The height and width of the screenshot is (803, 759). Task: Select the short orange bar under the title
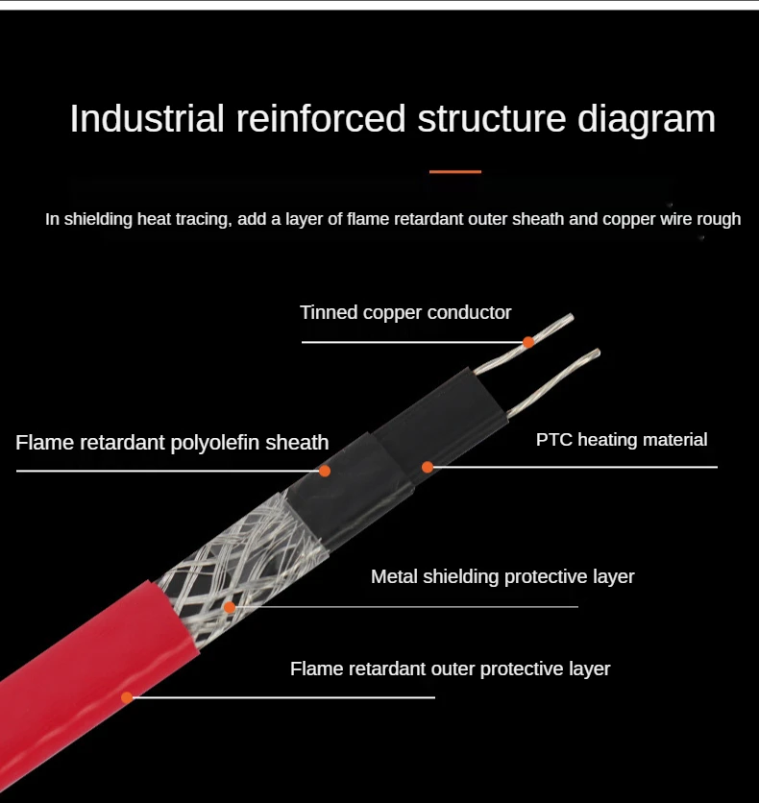(x=455, y=172)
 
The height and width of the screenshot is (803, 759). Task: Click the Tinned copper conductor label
(x=405, y=312)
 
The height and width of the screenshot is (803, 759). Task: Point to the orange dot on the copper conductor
(x=527, y=342)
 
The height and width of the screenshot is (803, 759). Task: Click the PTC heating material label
(x=622, y=440)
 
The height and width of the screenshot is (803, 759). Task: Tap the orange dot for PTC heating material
(x=428, y=467)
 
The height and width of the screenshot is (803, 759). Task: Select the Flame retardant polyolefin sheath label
(x=172, y=443)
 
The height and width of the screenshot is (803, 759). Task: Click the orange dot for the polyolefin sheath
(x=325, y=471)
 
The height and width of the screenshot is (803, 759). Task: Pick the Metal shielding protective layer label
(x=502, y=576)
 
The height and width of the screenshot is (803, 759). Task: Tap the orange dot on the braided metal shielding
(x=230, y=607)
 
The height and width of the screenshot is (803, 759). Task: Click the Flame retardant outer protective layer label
(x=450, y=669)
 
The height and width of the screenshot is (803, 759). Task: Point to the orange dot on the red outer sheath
(x=127, y=697)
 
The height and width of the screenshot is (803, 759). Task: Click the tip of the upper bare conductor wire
(x=572, y=317)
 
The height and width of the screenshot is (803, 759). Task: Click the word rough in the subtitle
(x=718, y=219)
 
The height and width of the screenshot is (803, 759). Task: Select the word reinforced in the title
(x=320, y=119)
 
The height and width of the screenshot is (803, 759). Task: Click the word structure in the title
(x=492, y=119)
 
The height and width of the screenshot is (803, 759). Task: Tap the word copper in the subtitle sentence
(x=630, y=219)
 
